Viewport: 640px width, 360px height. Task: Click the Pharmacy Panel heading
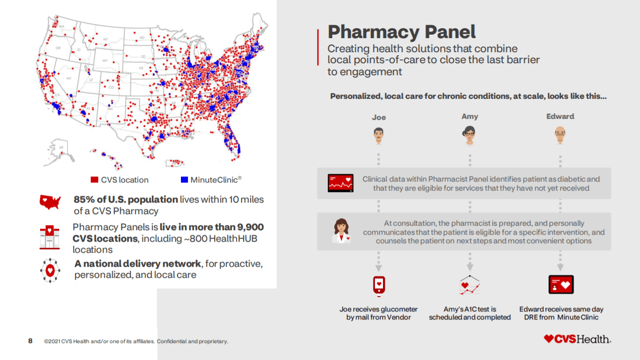[x=401, y=32]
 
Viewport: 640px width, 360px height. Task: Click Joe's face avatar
[x=379, y=135]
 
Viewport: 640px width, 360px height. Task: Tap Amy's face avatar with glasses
[x=470, y=135]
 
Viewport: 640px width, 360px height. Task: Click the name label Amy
[x=470, y=116]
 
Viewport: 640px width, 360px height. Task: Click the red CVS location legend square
[x=94, y=180]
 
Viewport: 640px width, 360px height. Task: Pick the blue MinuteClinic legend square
[x=184, y=180]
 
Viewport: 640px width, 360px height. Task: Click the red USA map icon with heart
[x=50, y=202]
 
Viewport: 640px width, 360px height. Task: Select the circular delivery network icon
[x=50, y=270]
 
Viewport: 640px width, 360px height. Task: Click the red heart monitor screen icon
[x=340, y=183]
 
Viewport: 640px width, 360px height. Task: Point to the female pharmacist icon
[x=341, y=231]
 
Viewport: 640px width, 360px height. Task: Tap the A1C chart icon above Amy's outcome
[x=470, y=285]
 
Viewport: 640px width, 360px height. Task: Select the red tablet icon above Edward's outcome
[x=561, y=284]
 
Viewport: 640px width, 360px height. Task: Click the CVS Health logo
[x=577, y=339]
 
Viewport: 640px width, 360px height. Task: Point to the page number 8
[x=30, y=341]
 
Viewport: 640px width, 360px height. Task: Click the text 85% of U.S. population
[x=126, y=200]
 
